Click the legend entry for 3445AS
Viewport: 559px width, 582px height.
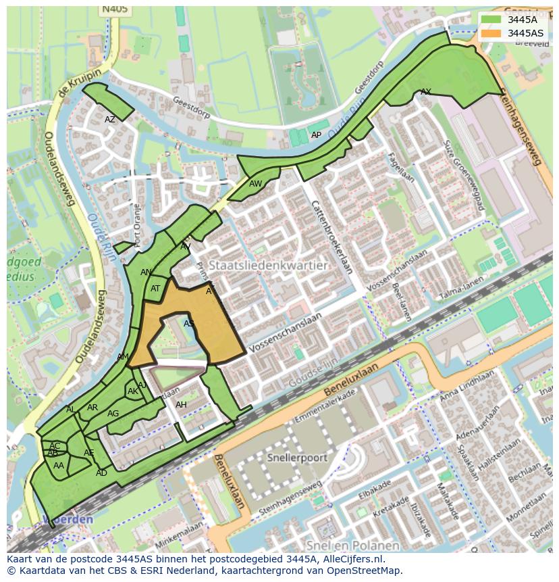tap(525, 33)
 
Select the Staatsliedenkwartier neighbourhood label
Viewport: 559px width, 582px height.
tap(268, 266)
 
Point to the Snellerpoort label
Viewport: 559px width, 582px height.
tap(297, 458)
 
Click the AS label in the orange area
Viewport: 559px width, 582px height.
tap(189, 324)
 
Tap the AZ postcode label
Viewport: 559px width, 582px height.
tap(110, 120)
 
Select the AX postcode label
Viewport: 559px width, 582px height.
tap(426, 91)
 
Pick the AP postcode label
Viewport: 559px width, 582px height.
tap(316, 135)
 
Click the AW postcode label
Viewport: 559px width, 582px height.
tap(255, 184)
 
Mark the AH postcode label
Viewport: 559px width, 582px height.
tap(181, 405)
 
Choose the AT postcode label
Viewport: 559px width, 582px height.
tap(156, 289)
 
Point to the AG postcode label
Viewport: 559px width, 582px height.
tap(113, 414)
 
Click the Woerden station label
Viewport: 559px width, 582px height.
tap(68, 520)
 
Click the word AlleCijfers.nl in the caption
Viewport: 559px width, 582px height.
tap(346, 559)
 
